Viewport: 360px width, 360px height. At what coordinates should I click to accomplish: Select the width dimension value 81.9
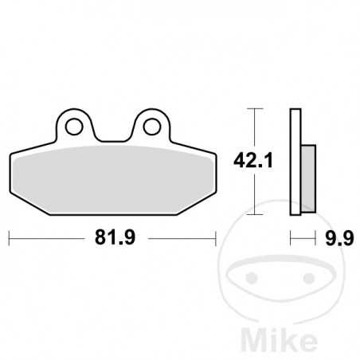(112, 237)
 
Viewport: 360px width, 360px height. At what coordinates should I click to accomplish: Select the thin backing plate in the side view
(295, 159)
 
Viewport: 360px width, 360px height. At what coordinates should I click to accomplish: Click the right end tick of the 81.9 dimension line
(215, 237)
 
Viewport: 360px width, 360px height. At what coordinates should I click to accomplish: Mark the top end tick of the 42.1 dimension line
(253, 108)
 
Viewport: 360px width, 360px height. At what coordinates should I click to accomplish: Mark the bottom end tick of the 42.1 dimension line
(253, 215)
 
